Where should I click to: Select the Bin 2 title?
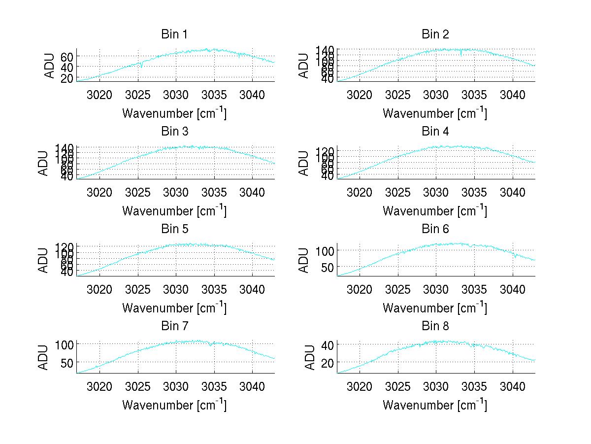coord(435,34)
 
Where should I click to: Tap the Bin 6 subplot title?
coord(435,229)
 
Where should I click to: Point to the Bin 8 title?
coord(435,326)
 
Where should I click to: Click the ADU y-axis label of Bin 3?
coord(44,163)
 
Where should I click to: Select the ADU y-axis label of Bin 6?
coord(304,260)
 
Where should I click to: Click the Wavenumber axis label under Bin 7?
coord(174,405)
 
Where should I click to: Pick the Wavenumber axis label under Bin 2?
coord(435,113)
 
